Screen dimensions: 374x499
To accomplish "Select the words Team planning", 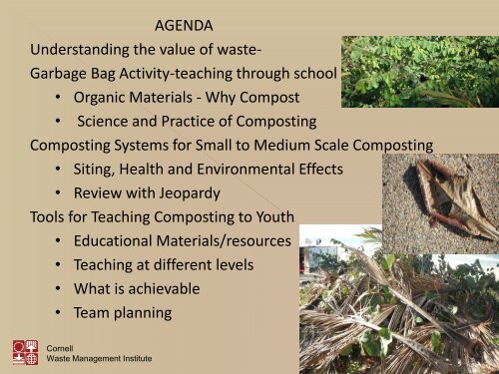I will coord(122,312).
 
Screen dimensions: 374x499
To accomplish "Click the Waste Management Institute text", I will coord(100,358).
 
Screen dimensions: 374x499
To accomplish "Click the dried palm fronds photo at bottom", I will coord(399,304).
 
